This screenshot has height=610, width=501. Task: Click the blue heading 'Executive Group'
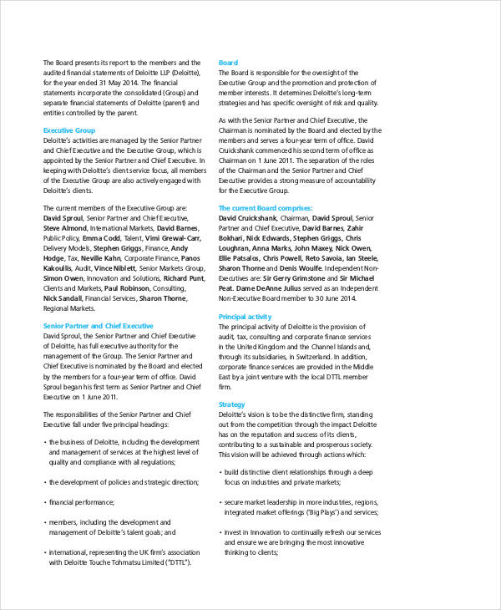(68, 131)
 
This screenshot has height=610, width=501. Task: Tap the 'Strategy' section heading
(231, 404)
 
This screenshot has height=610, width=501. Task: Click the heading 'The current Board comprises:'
(266, 208)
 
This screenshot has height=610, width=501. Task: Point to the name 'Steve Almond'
(64, 227)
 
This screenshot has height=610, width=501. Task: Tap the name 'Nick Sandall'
(63, 297)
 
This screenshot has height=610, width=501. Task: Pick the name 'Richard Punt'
(183, 277)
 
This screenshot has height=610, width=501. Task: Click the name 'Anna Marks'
(271, 248)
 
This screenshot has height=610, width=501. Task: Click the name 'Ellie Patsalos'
(241, 258)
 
